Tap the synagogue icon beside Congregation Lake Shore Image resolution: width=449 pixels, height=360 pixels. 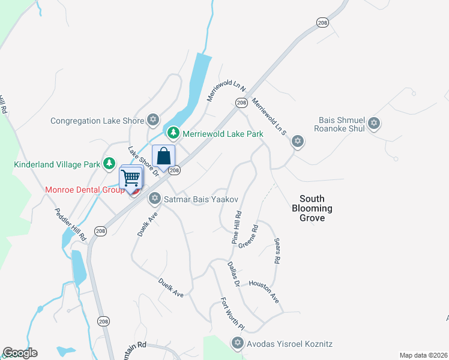pos(153,120)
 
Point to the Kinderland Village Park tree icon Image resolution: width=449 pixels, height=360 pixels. pos(109,163)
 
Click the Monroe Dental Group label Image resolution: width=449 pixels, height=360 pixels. pos(83,190)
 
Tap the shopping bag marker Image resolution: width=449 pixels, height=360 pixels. pos(164,157)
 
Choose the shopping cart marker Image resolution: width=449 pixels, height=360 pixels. pos(130,178)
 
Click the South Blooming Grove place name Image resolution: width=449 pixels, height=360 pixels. pos(312,208)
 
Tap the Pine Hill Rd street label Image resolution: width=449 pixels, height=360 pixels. pos(237,227)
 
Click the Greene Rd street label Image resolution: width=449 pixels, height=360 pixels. pos(248,236)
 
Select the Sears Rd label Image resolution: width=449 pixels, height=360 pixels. pos(277,251)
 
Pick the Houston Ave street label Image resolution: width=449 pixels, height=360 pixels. pos(264,292)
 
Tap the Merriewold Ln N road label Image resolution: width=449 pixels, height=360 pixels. pos(219,90)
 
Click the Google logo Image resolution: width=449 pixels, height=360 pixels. pos(20,353)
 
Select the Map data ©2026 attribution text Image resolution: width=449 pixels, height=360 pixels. pos(423,355)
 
